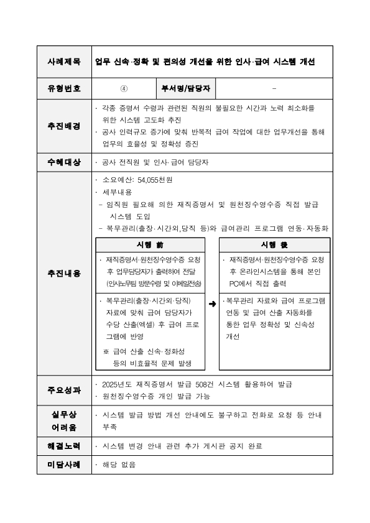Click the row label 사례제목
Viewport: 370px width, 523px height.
point(64,62)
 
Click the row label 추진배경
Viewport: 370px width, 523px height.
point(64,126)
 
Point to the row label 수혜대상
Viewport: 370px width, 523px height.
point(64,162)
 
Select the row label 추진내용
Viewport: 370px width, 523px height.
point(64,272)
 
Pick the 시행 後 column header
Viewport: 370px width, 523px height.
point(275,244)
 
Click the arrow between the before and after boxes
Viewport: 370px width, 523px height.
point(213,304)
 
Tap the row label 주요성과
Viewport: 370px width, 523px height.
point(64,391)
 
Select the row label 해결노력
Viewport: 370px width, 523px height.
point(64,446)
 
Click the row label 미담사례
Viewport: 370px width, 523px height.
point(64,465)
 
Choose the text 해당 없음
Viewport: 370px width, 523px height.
point(119,465)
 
